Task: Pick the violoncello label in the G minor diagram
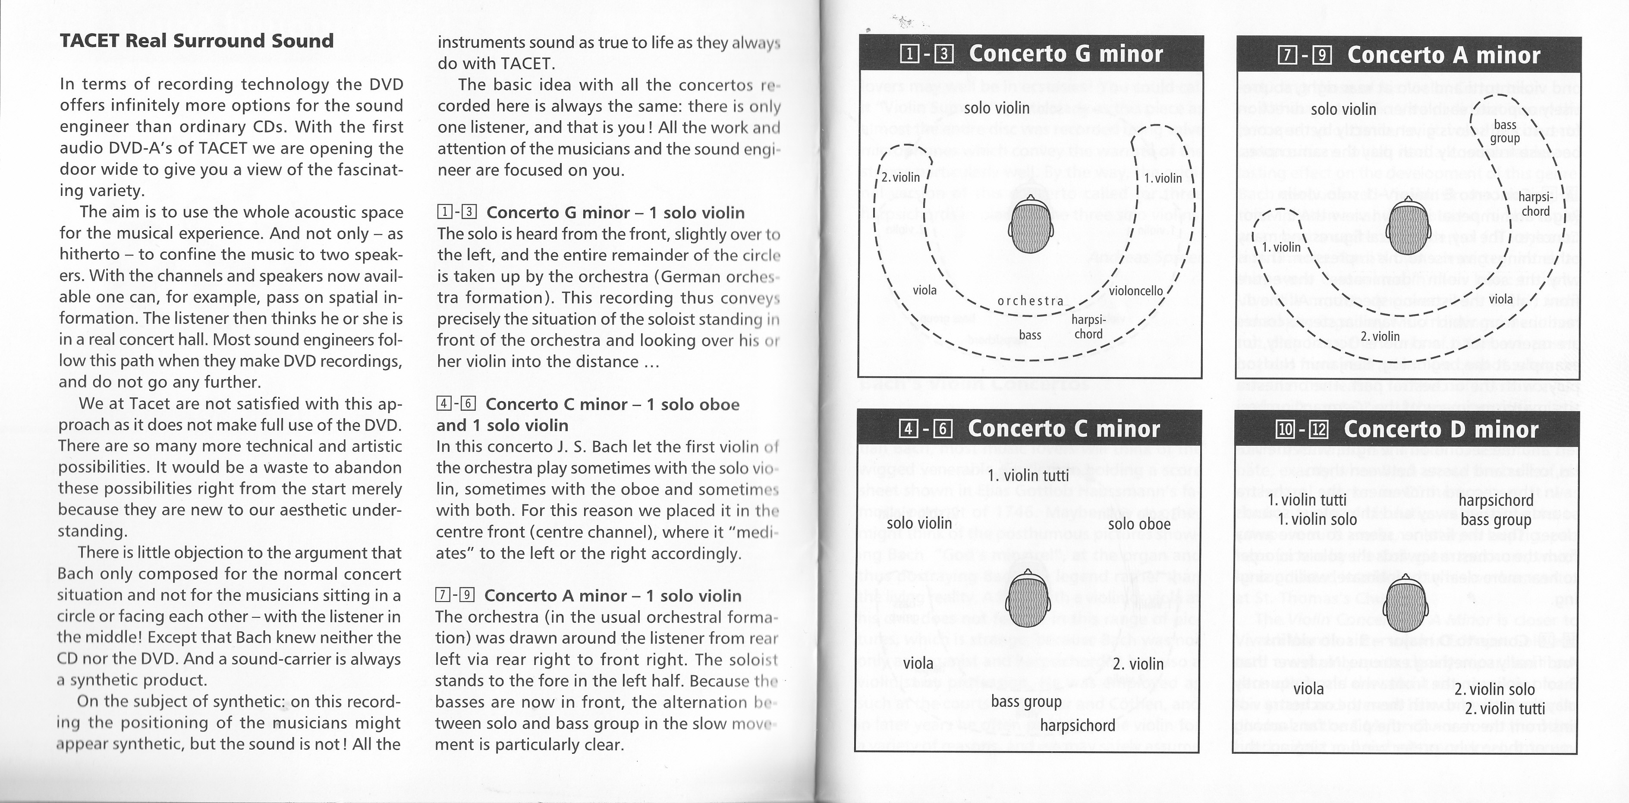[x=1136, y=291]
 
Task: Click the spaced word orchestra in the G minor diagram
[x=1030, y=301]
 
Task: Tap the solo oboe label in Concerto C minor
[x=1139, y=524]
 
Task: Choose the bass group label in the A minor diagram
[x=1505, y=132]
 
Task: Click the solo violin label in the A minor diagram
[x=1343, y=110]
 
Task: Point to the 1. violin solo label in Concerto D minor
[x=1317, y=520]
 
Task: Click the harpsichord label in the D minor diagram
[x=1496, y=500]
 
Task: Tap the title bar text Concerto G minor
[x=1066, y=54]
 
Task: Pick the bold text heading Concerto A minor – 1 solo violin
[x=612, y=595]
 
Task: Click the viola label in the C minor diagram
[x=918, y=663]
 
